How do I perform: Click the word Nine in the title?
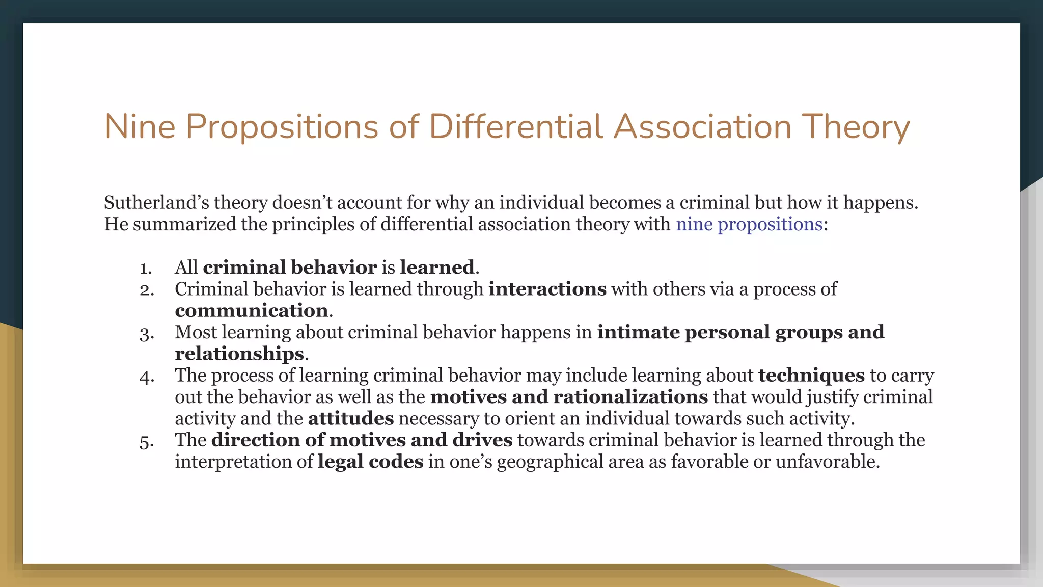pyautogui.click(x=140, y=126)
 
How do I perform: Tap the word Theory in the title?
pyautogui.click(x=856, y=127)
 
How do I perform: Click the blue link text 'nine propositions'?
pyautogui.click(x=749, y=224)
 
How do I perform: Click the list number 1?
pyautogui.click(x=146, y=268)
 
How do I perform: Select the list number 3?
pyautogui.click(x=147, y=334)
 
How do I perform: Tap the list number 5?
pyautogui.click(x=147, y=441)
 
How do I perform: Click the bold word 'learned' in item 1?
pyautogui.click(x=437, y=268)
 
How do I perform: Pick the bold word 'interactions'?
pyautogui.click(x=547, y=289)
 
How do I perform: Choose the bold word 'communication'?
pyautogui.click(x=252, y=311)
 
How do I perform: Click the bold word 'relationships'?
pyautogui.click(x=239, y=354)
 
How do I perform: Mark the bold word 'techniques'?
pyautogui.click(x=811, y=376)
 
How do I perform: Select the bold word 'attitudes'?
pyautogui.click(x=351, y=418)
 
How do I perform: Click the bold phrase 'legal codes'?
pyautogui.click(x=370, y=462)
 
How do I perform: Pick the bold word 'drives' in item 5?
pyautogui.click(x=482, y=440)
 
